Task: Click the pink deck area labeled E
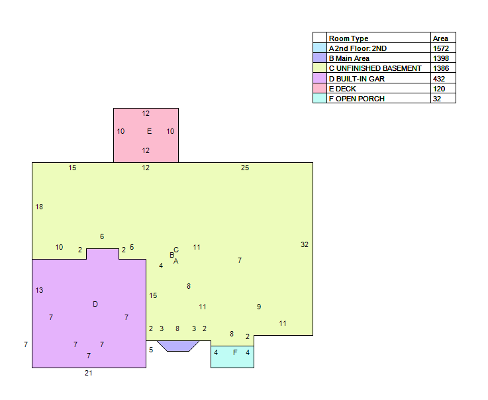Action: pyautogui.click(x=146, y=135)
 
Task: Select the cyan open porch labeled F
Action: pyautogui.click(x=232, y=357)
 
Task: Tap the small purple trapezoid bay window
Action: pyautogui.click(x=178, y=346)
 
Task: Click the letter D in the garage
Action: pyautogui.click(x=95, y=304)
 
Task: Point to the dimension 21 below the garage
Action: pyautogui.click(x=88, y=373)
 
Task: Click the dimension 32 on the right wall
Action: pyautogui.click(x=305, y=244)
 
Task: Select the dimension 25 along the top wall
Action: pyautogui.click(x=245, y=168)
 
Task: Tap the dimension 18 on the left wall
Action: pyautogui.click(x=39, y=207)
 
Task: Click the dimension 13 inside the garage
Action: pyautogui.click(x=39, y=291)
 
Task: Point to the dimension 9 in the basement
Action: pyautogui.click(x=259, y=307)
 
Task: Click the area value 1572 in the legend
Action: pyautogui.click(x=441, y=48)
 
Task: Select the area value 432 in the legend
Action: pyautogui.click(x=439, y=79)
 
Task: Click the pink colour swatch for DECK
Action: pyautogui.click(x=320, y=88)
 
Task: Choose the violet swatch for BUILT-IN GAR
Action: pyautogui.click(x=320, y=78)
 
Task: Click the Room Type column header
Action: pyautogui.click(x=348, y=38)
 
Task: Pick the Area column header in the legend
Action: pyautogui.click(x=440, y=38)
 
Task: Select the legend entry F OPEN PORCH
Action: pyautogui.click(x=357, y=99)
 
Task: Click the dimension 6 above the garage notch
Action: pyautogui.click(x=102, y=236)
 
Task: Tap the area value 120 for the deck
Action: pyautogui.click(x=439, y=89)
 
